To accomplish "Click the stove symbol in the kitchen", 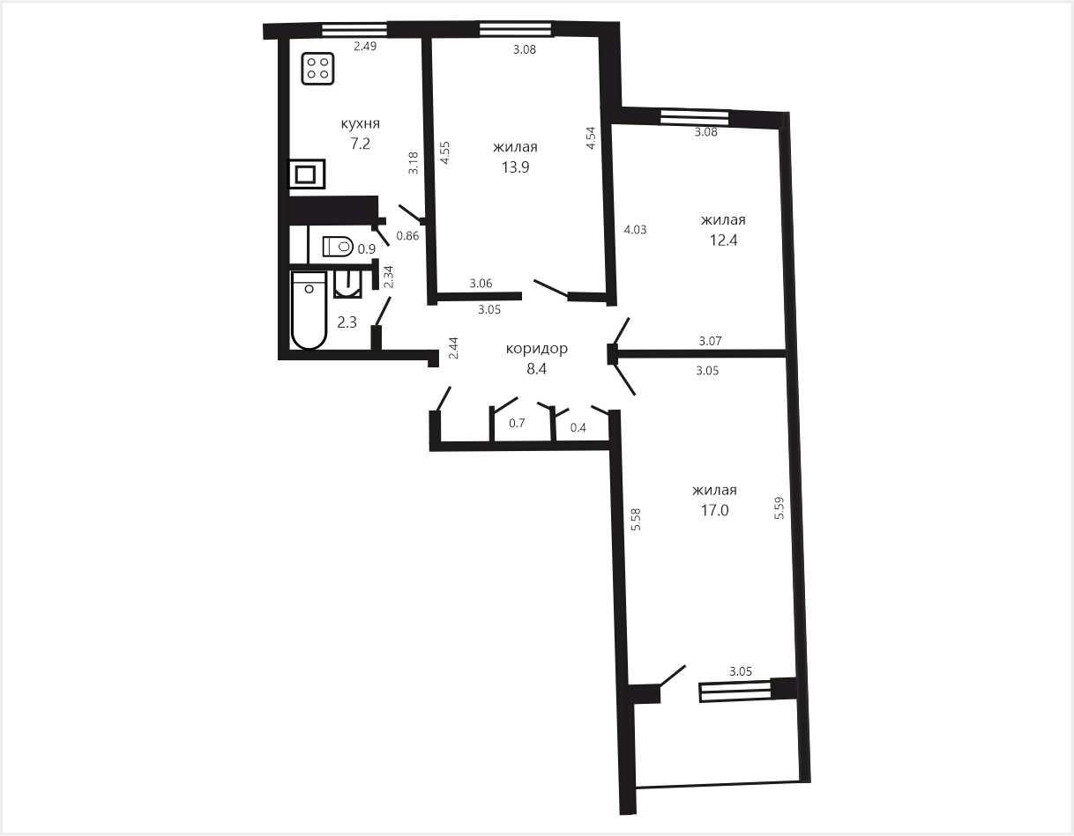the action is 317,69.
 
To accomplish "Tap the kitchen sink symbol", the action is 307,174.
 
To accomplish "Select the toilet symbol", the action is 338,246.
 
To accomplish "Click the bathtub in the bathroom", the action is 309,310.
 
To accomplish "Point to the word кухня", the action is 361,123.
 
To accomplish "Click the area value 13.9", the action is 516,167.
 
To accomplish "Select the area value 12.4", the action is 724,240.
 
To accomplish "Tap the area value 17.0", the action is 715,510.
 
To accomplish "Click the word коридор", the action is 537,349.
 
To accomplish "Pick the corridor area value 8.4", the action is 537,369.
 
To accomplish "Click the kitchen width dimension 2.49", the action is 365,47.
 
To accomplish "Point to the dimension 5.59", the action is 779,508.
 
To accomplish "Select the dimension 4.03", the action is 635,230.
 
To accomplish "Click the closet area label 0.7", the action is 517,423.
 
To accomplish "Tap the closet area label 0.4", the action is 578,427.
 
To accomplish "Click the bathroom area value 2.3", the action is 347,322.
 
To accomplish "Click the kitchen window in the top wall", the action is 354,30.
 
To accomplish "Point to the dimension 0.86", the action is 407,235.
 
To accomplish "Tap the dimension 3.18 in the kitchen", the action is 414,162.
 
